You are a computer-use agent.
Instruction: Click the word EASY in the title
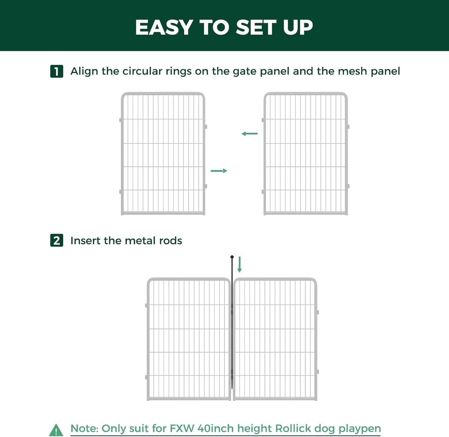click(x=164, y=27)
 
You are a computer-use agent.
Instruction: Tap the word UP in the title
click(x=298, y=27)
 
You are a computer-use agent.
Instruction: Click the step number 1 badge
click(x=56, y=71)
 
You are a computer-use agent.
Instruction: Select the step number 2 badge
click(x=56, y=241)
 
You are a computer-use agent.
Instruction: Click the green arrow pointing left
click(x=250, y=134)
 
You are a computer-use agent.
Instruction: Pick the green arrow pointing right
click(x=219, y=171)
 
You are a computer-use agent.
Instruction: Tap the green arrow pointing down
click(x=239, y=265)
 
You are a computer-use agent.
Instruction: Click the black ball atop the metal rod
click(x=232, y=257)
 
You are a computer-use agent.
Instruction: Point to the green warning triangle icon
click(x=56, y=430)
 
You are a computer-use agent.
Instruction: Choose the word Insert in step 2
click(x=85, y=241)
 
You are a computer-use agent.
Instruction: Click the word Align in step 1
click(x=85, y=71)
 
